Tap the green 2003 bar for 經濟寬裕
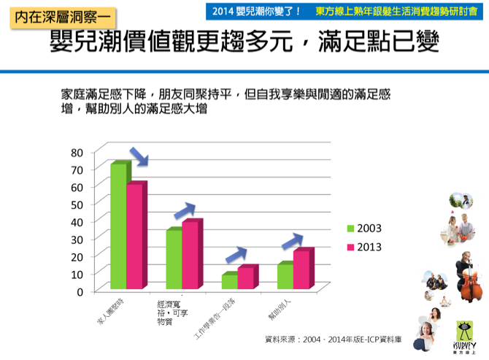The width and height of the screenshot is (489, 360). point(174,260)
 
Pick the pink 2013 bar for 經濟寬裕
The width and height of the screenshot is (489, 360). point(190,256)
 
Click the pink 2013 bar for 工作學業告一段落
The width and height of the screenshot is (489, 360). point(245,278)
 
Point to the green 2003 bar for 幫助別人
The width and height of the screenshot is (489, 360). point(285,276)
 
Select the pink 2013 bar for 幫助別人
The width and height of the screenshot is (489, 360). point(301,269)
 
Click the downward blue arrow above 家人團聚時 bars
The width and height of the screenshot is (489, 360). point(139,156)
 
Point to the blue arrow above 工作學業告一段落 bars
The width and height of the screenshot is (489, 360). point(236,254)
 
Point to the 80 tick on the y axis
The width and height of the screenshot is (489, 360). point(77,152)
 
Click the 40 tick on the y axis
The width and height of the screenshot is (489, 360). point(77,221)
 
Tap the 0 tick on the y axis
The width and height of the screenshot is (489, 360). point(80,291)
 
